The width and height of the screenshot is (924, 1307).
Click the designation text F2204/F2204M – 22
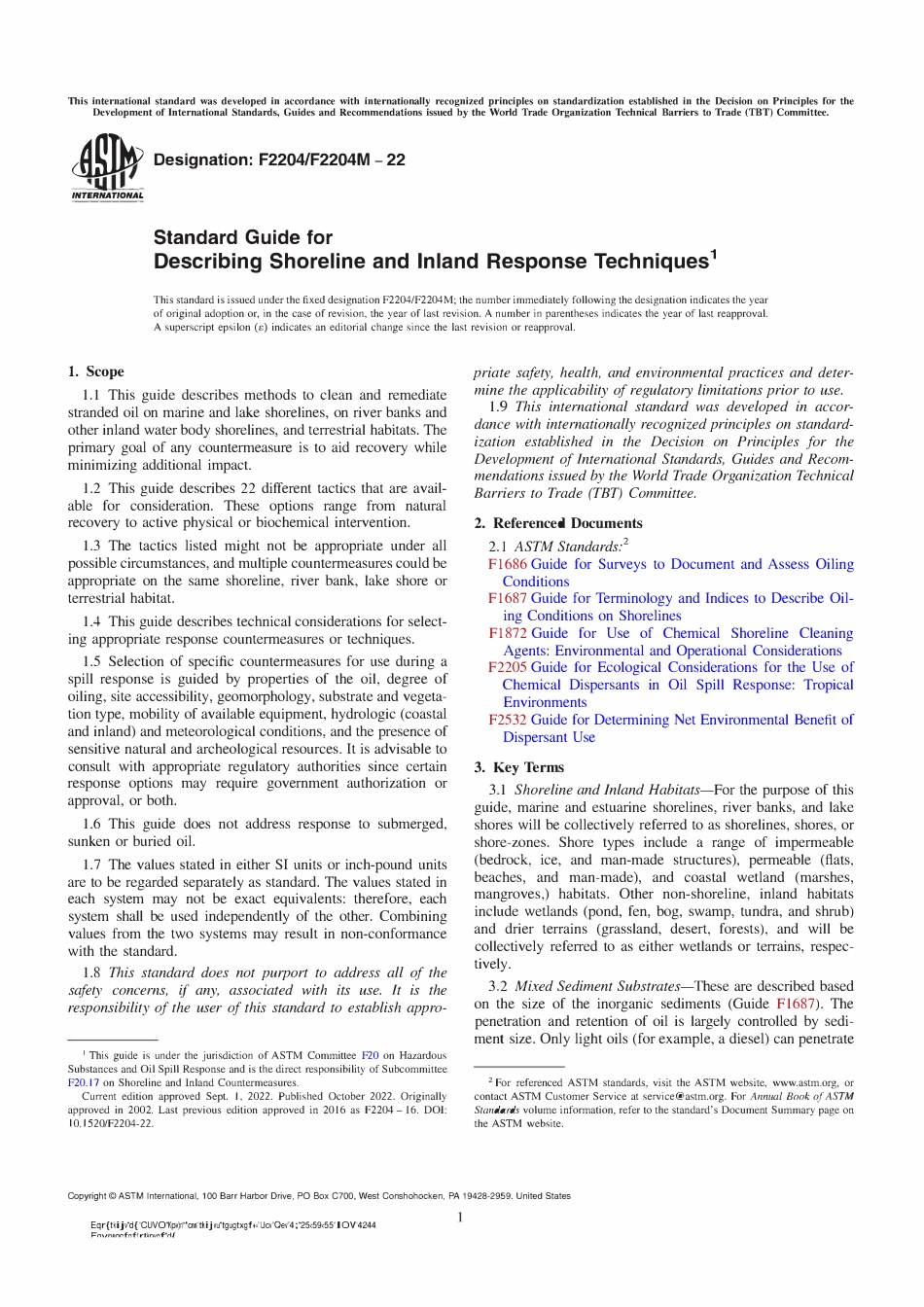point(279,159)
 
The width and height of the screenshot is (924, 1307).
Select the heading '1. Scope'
point(95,371)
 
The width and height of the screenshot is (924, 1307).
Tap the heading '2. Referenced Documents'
point(557,523)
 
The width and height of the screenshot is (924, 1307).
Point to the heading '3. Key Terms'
point(518,767)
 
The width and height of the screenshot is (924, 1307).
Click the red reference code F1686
point(507,564)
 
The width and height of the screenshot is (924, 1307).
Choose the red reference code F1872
point(507,633)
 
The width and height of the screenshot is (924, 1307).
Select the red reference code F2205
point(507,667)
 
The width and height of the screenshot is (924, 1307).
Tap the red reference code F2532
point(507,720)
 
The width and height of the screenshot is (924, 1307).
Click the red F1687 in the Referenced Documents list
point(507,598)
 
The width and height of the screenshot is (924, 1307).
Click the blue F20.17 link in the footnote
point(84,1082)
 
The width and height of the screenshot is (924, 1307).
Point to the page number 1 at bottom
point(460,1218)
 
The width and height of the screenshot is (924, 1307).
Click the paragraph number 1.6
point(91,824)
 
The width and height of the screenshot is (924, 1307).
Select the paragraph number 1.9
point(498,406)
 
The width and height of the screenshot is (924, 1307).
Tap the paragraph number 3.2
point(498,986)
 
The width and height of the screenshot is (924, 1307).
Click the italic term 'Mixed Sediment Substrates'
point(597,986)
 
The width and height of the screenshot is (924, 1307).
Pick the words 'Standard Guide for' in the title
point(242,237)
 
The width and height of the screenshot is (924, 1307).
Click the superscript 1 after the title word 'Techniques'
point(714,255)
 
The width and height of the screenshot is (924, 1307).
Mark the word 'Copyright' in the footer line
point(86,1196)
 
